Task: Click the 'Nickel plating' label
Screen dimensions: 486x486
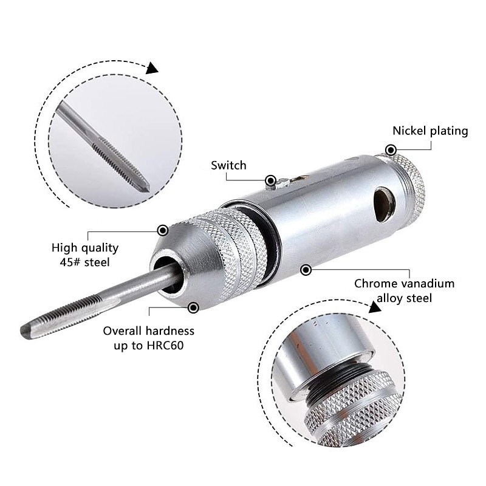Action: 430,131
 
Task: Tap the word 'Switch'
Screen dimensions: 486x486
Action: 228,165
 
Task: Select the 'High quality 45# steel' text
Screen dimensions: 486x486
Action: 85,255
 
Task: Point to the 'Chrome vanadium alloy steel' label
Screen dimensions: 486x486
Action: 404,290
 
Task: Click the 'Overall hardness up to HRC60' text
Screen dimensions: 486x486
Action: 148,338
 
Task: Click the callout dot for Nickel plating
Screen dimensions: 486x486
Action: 391,149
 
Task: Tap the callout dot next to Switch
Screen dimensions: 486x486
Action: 270,180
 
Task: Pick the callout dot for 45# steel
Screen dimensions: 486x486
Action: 162,230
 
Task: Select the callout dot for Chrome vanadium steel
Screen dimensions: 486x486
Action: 306,269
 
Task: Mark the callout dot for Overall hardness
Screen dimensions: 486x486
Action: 193,307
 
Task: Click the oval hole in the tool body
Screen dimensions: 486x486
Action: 384,202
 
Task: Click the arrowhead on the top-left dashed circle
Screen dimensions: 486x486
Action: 152,67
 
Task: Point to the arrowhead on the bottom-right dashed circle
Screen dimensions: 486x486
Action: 375,307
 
